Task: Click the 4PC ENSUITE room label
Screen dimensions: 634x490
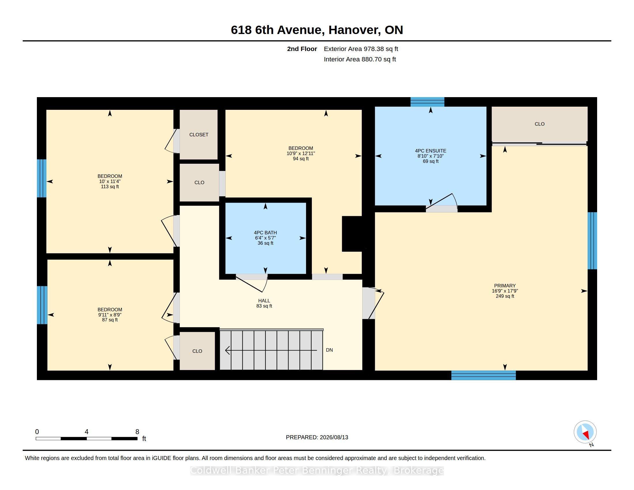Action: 431,151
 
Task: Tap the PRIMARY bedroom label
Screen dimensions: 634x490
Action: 505,286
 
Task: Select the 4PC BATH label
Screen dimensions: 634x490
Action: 265,233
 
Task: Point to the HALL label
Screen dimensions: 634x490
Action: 264,301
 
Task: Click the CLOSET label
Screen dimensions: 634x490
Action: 199,135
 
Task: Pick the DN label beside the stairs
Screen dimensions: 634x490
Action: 329,350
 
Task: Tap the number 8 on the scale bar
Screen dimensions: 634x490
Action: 137,432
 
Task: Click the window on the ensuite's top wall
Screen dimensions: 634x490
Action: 427,102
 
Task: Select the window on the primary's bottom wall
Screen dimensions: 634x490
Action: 484,375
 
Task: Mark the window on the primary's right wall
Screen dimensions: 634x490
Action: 592,241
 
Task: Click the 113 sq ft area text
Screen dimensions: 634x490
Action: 110,187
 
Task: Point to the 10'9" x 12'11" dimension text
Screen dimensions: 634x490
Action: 301,153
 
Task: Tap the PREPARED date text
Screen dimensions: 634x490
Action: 317,437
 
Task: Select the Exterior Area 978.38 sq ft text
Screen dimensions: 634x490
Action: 361,49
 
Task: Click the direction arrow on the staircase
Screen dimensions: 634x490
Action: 271,350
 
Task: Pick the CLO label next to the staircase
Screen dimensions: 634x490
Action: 197,351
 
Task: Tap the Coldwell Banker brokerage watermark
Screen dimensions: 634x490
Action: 317,470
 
